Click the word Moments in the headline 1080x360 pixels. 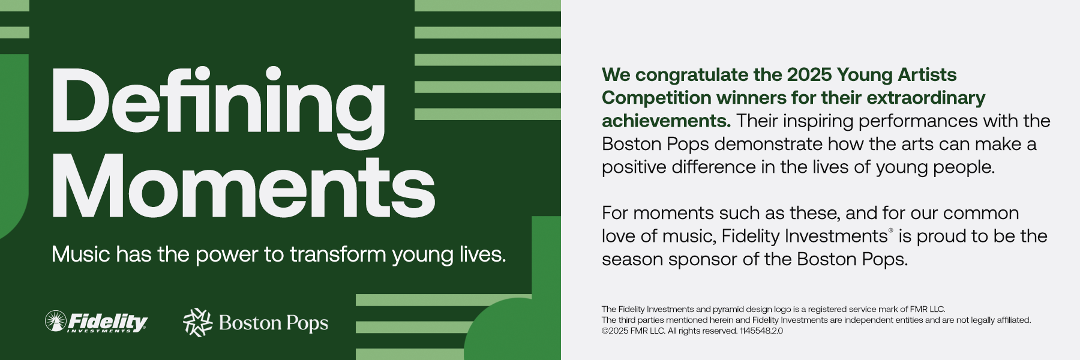point(244,186)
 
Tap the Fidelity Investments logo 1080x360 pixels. point(96,322)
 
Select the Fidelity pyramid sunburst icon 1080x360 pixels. point(56,321)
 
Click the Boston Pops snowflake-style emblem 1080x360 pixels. point(197,322)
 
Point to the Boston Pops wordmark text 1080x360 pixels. point(274,323)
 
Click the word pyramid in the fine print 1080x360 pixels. point(728,310)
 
